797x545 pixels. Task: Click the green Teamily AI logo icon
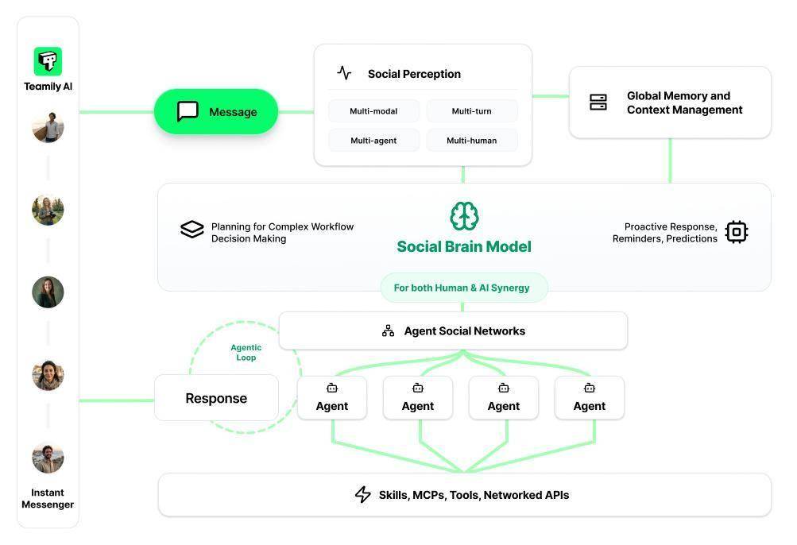point(48,61)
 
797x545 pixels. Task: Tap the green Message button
point(215,111)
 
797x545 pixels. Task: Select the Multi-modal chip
point(373,111)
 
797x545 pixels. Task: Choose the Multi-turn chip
point(472,111)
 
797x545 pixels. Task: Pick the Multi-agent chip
point(373,141)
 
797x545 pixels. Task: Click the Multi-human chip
point(472,141)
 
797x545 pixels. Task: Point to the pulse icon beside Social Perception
point(344,73)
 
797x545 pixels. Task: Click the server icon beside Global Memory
point(598,102)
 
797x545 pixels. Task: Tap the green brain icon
point(464,216)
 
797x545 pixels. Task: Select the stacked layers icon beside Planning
point(192,230)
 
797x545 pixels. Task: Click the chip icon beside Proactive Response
point(737,232)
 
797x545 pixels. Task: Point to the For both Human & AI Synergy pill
point(463,288)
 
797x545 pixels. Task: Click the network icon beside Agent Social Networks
point(388,330)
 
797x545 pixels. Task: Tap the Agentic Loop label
point(246,353)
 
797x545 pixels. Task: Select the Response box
point(216,398)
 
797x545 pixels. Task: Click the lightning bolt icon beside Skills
point(362,495)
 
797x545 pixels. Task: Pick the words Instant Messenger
point(48,498)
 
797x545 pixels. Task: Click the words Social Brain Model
point(464,246)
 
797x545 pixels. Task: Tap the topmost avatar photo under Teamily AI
point(48,127)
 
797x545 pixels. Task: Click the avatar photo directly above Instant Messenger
point(48,458)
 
